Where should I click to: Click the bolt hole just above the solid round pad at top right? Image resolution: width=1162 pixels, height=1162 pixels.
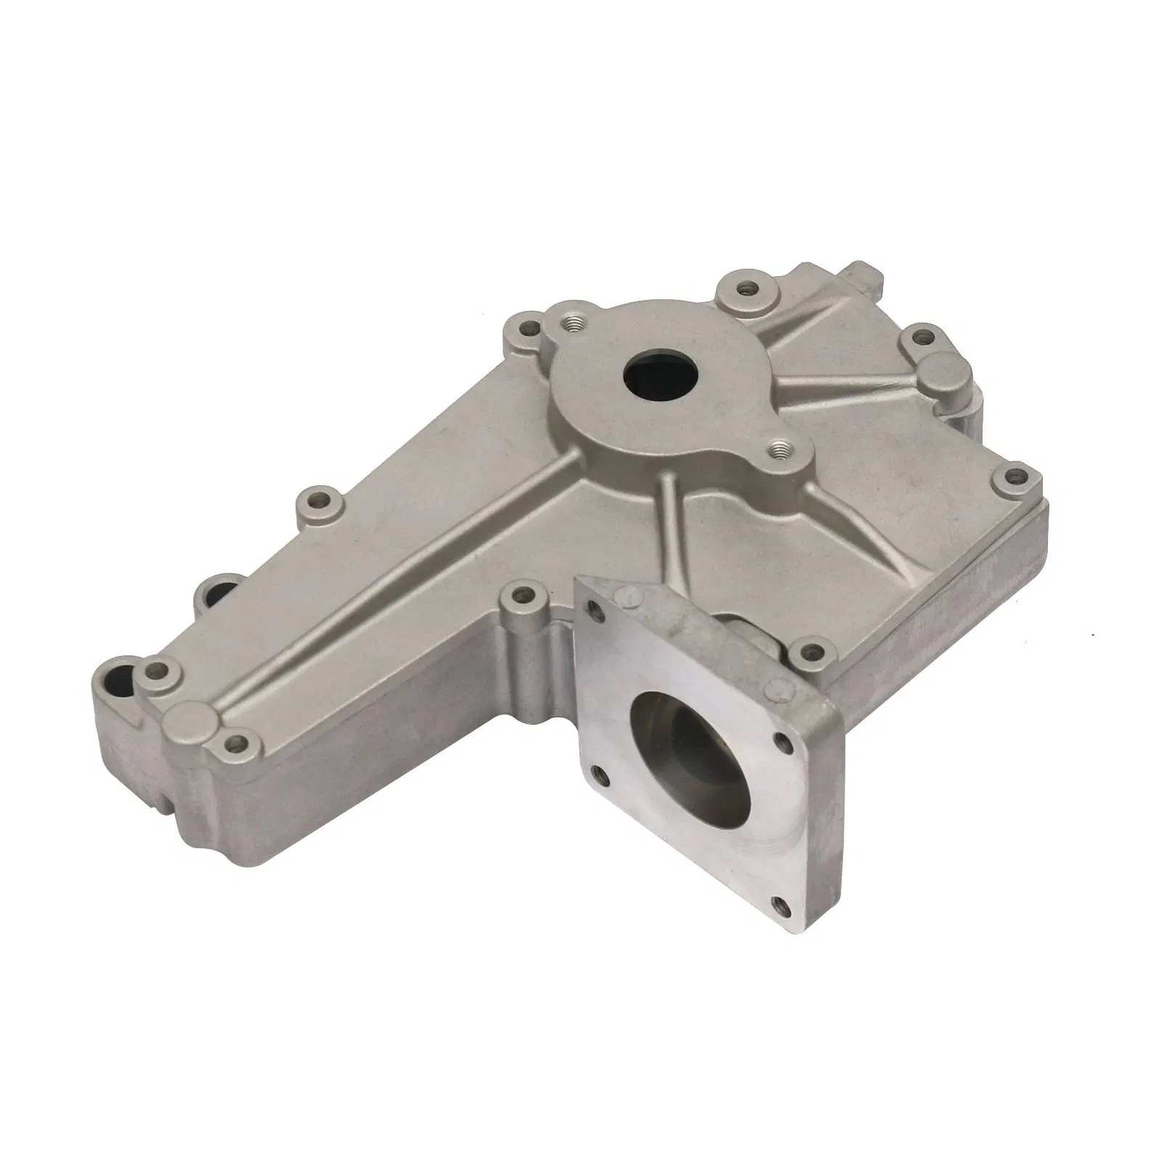[922, 336]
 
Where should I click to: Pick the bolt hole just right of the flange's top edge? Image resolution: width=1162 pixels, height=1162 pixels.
[803, 645]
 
